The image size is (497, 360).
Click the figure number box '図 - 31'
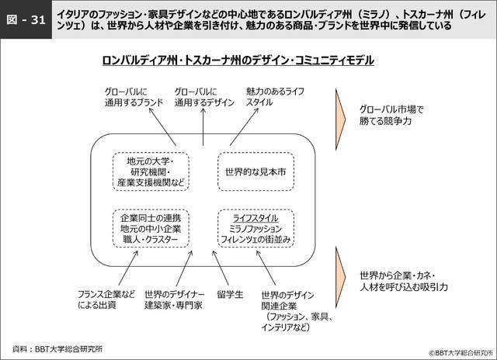pos(25,21)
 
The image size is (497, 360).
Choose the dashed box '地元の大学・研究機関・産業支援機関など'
pos(151,170)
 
